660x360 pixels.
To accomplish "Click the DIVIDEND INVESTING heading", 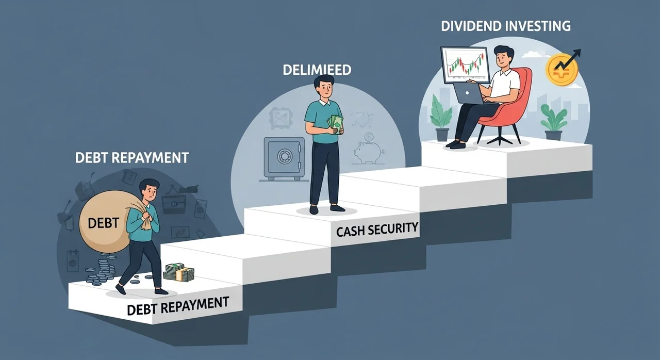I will click(506, 26).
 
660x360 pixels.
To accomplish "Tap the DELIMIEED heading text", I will click(317, 70).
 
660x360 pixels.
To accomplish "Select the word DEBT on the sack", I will click(103, 223).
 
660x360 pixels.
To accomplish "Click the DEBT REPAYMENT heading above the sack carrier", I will click(131, 158).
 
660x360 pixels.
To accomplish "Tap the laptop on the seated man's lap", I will click(470, 94).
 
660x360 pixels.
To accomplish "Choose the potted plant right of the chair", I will click(553, 121).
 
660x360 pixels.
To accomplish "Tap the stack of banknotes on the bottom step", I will click(179, 272).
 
